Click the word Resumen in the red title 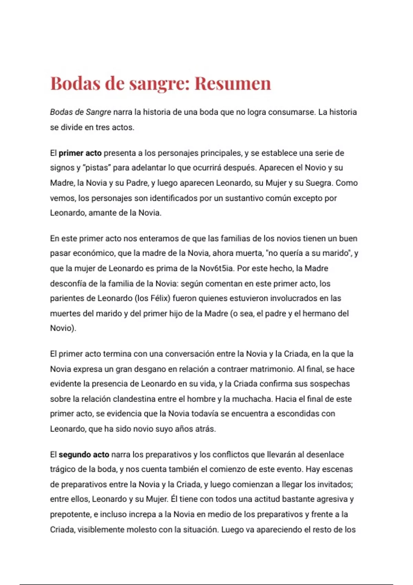[233, 84]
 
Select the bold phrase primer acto [80, 153]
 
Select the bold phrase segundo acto [84, 455]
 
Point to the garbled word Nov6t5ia [212, 268]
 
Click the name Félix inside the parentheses [160, 298]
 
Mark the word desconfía [68, 284]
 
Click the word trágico [63, 469]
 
